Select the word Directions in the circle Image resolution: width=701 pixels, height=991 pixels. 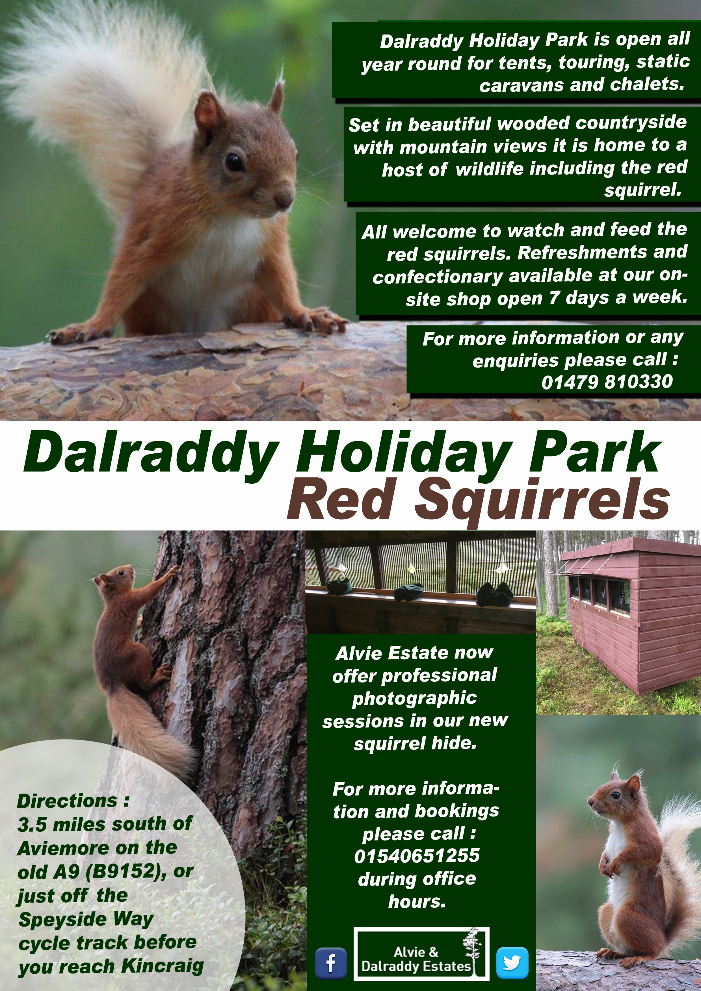pyautogui.click(x=67, y=801)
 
